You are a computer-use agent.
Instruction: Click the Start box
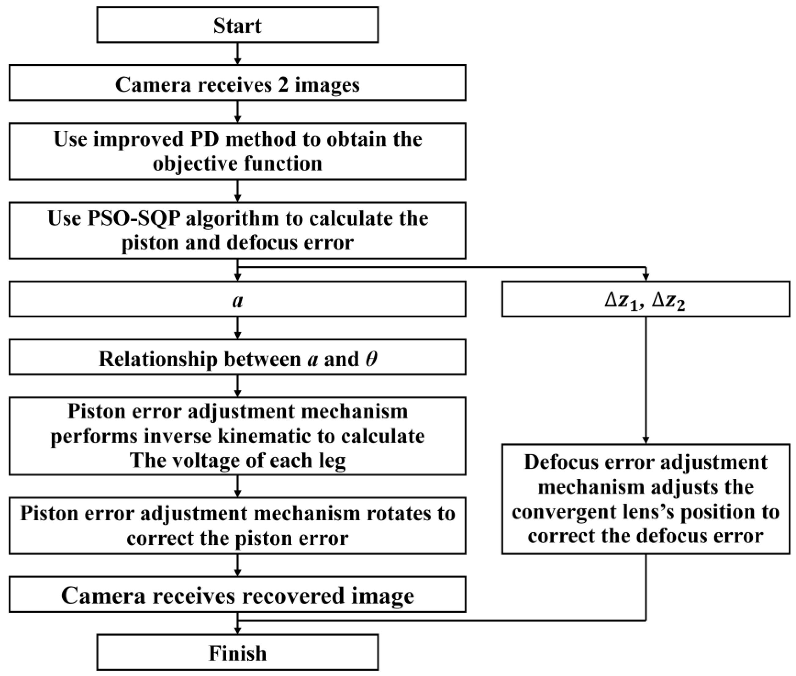[237, 25]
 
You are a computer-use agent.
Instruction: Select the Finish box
[237, 653]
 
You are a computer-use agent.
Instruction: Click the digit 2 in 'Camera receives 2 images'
[283, 85]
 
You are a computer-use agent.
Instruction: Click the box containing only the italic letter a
[237, 300]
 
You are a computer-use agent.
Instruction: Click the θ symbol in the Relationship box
[371, 359]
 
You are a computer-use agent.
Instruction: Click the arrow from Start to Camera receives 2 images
[237, 53]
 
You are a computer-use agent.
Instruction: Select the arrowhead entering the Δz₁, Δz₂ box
[646, 277]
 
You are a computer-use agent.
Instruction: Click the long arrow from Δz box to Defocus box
[646, 379]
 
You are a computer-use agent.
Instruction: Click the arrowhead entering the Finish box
[237, 630]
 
